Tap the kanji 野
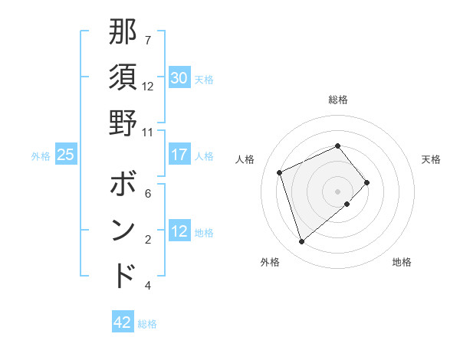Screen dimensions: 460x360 [123, 123]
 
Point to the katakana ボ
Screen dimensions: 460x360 [123, 185]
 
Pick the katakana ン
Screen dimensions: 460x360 [123, 231]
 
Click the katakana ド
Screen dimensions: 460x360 [123, 275]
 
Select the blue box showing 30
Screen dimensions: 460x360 [179, 78]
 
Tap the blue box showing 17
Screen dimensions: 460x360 [179, 155]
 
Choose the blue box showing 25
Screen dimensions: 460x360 [66, 155]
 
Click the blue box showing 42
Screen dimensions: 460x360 [122, 322]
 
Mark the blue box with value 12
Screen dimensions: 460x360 [179, 231]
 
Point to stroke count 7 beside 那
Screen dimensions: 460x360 [148, 40]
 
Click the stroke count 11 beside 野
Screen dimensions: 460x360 [148, 131]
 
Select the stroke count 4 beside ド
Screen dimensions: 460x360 [148, 286]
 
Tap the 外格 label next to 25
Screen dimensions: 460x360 [41, 155]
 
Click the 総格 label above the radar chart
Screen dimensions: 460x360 [338, 100]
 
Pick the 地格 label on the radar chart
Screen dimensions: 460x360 [402, 262]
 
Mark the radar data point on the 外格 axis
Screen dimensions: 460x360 [301, 242]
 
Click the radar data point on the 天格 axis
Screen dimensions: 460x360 [367, 182]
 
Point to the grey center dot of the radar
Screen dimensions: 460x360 [338, 191]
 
